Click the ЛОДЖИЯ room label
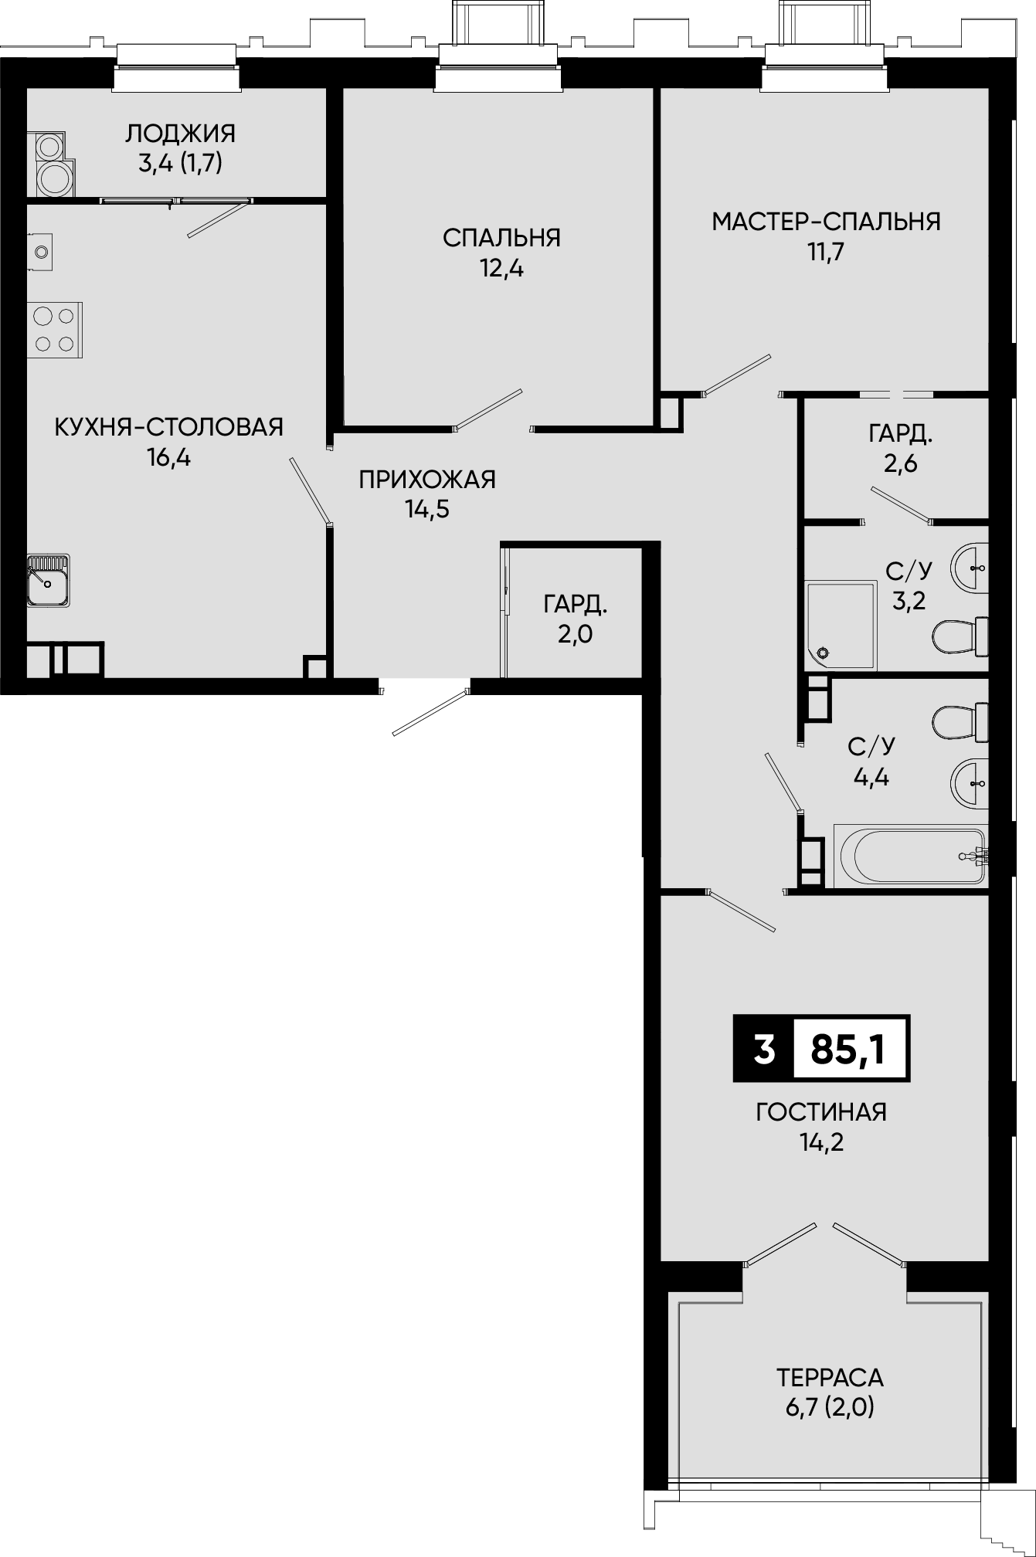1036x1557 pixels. coord(180,134)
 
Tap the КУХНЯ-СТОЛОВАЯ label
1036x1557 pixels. coord(169,426)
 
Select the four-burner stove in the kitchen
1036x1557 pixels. coord(55,330)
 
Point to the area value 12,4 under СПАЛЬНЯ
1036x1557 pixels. coord(501,269)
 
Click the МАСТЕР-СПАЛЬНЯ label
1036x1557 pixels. coord(826,222)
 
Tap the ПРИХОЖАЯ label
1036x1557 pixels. coord(427,480)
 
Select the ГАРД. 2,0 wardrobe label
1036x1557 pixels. coord(576,618)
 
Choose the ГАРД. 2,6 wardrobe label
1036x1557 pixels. coord(901,448)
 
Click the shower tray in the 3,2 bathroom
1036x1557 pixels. coord(841,625)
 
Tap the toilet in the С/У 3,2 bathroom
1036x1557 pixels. coord(960,636)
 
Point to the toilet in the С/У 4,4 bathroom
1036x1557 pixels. coord(960,722)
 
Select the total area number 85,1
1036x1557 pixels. coord(848,1049)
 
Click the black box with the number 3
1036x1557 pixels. coord(763,1049)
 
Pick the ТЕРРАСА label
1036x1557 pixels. coord(830,1377)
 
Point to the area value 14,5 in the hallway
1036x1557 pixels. coord(427,509)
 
